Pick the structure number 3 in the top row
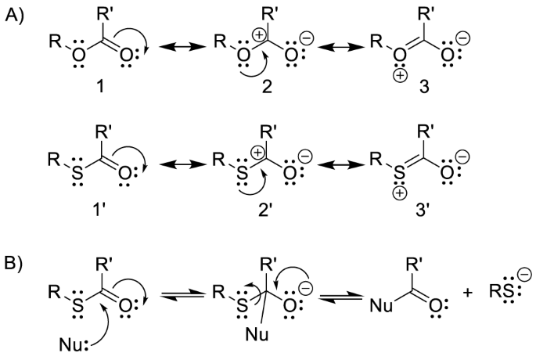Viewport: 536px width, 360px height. pyautogui.click(x=451, y=81)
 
